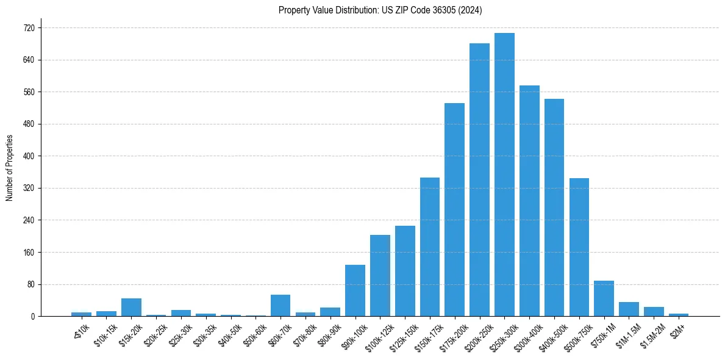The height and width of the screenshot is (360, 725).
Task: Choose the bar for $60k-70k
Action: [x=280, y=306]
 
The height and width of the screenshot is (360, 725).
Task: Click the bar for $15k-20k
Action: [x=131, y=308]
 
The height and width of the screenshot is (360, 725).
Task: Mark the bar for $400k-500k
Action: [x=554, y=207]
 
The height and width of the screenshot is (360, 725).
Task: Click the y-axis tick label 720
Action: [x=29, y=28]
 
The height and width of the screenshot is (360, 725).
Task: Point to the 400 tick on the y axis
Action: [x=29, y=156]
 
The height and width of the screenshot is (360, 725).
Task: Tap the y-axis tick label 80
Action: [x=30, y=284]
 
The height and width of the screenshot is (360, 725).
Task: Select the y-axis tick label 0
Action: [x=32, y=317]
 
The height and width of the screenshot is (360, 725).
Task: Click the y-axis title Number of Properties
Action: [x=9, y=168]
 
